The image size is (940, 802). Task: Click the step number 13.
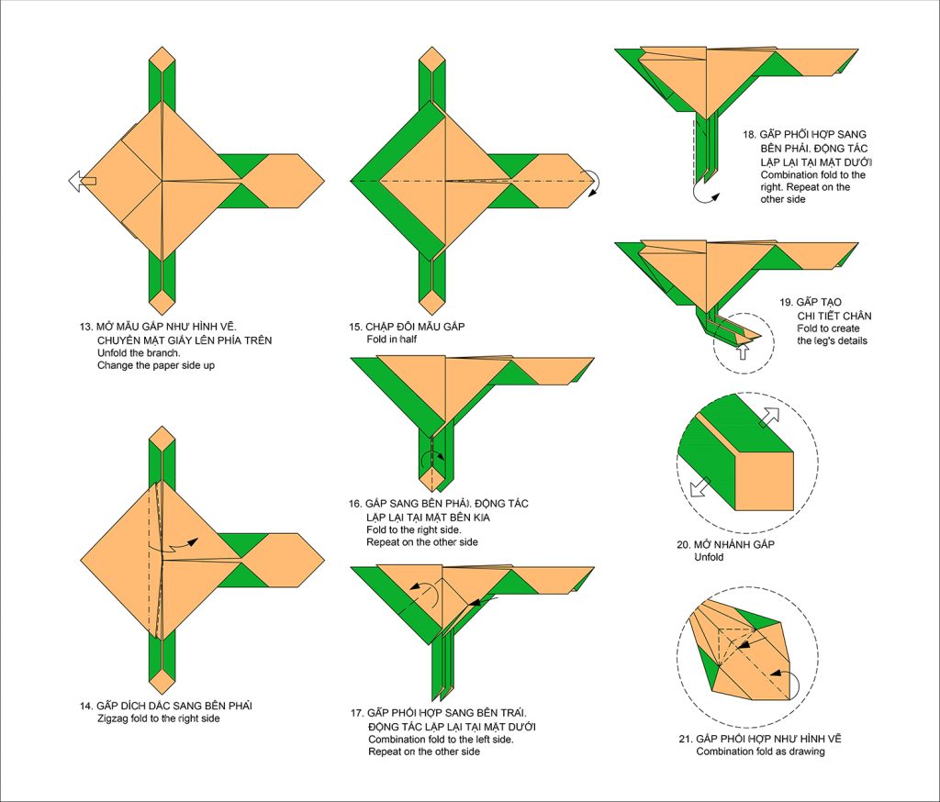[85, 327]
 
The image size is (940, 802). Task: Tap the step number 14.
[84, 706]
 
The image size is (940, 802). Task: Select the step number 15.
[354, 327]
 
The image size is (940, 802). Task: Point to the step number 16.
[354, 504]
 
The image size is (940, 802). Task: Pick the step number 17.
[356, 713]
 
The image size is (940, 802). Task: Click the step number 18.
[749, 135]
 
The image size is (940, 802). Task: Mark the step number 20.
[683, 545]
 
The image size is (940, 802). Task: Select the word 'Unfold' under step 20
[711, 558]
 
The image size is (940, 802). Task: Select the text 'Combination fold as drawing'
[760, 752]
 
